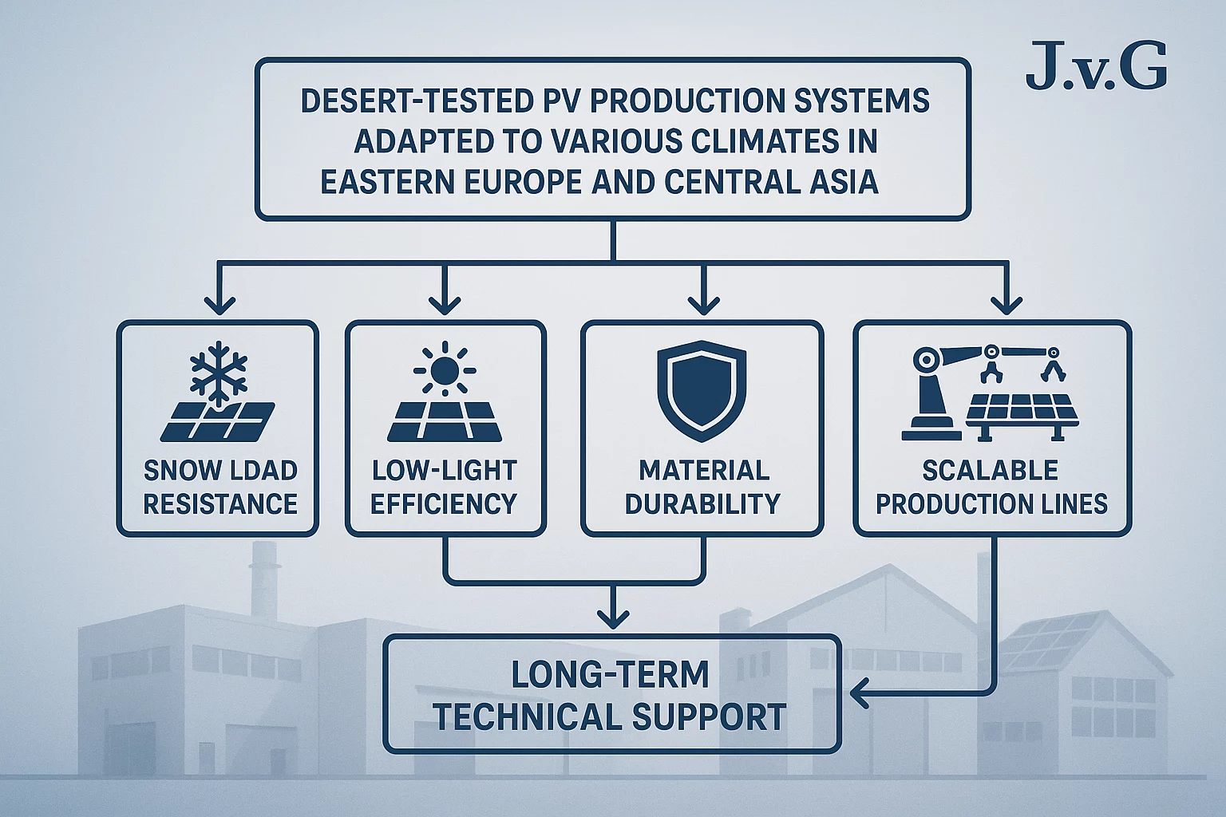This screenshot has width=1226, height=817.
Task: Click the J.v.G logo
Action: tap(1096, 66)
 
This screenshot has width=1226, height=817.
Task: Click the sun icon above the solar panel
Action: tap(445, 369)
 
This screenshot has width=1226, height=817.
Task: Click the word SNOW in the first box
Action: tap(177, 470)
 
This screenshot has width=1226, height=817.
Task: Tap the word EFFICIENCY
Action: tap(444, 504)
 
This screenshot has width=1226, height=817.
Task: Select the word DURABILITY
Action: tap(702, 504)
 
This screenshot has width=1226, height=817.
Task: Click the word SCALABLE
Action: tap(990, 470)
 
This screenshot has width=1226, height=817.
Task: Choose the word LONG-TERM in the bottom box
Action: tap(610, 675)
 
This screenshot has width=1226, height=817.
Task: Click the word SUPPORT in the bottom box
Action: tap(709, 716)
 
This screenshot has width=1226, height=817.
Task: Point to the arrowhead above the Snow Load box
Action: tap(219, 305)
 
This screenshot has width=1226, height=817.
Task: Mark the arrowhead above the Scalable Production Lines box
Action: tap(1006, 305)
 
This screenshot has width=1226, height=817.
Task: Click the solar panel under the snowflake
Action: tap(217, 422)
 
